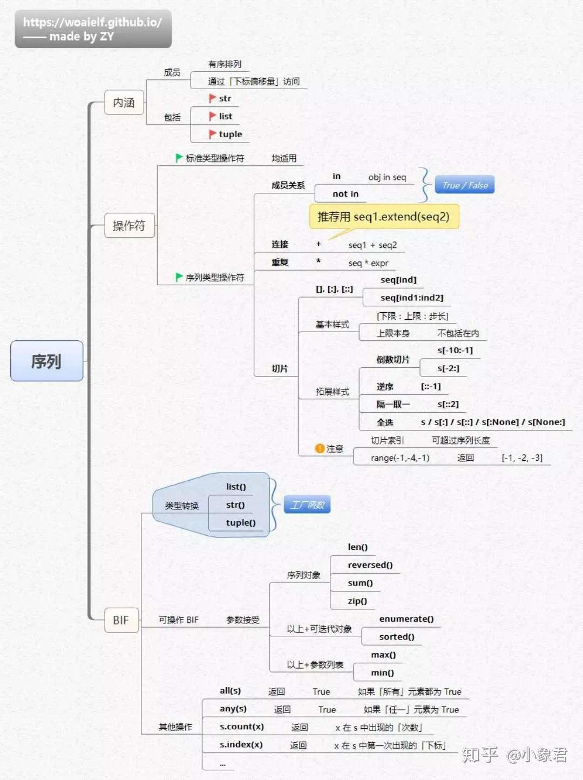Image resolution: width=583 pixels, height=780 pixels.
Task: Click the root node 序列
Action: (x=47, y=361)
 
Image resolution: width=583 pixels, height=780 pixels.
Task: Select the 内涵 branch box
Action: (x=124, y=102)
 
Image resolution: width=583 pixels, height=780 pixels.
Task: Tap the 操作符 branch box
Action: (x=130, y=225)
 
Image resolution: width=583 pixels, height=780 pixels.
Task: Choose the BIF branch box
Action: (x=121, y=620)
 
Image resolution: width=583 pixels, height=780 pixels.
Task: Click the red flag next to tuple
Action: (x=212, y=134)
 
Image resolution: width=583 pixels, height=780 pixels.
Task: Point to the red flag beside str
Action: (x=212, y=98)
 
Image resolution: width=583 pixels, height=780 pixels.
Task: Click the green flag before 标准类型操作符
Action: (x=179, y=158)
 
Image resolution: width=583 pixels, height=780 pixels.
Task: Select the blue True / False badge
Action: (x=464, y=184)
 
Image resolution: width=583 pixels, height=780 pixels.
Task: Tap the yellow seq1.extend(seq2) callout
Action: (x=384, y=217)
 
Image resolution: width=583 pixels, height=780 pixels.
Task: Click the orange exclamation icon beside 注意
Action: (x=320, y=448)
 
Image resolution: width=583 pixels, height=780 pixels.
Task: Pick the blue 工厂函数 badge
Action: (x=307, y=505)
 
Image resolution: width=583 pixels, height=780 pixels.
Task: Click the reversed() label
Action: (x=370, y=565)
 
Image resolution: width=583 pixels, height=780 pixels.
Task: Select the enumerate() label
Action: (x=406, y=618)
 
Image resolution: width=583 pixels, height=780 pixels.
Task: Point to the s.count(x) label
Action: (x=242, y=727)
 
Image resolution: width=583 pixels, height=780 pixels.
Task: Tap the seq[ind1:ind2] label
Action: (x=412, y=298)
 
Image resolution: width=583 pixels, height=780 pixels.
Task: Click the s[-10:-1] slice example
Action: (x=455, y=351)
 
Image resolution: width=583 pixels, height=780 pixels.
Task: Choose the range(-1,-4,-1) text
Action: (x=400, y=458)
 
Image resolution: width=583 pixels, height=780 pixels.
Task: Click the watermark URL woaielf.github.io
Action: (x=92, y=22)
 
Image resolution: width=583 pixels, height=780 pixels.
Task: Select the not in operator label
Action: (x=345, y=194)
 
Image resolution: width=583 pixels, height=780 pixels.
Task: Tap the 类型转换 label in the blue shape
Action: (x=181, y=505)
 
